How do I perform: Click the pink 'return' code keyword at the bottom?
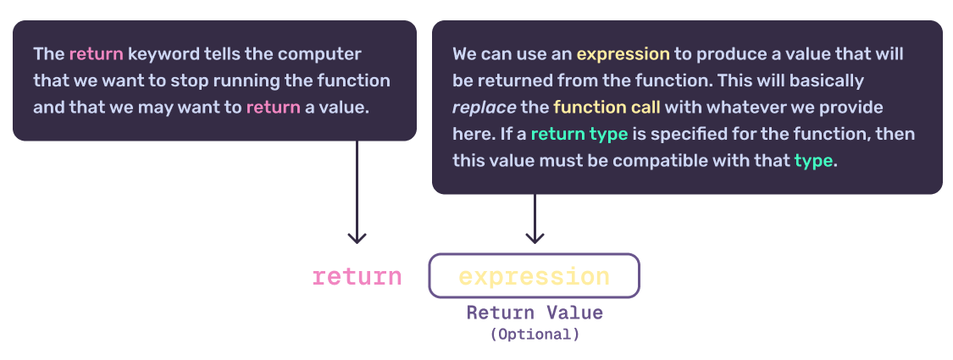pyautogui.click(x=357, y=276)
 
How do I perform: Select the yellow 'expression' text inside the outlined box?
pyautogui.click(x=534, y=276)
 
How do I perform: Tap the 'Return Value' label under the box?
pyautogui.click(x=535, y=313)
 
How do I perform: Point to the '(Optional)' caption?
pyautogui.click(x=535, y=334)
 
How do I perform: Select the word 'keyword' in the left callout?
pyautogui.click(x=158, y=54)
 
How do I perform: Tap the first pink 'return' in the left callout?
pyautogui.click(x=96, y=54)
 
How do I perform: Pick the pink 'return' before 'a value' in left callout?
pyautogui.click(x=273, y=108)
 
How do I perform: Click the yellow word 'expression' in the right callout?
pyautogui.click(x=623, y=54)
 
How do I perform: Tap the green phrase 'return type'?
pyautogui.click(x=579, y=135)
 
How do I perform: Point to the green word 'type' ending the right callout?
pyautogui.click(x=813, y=161)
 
